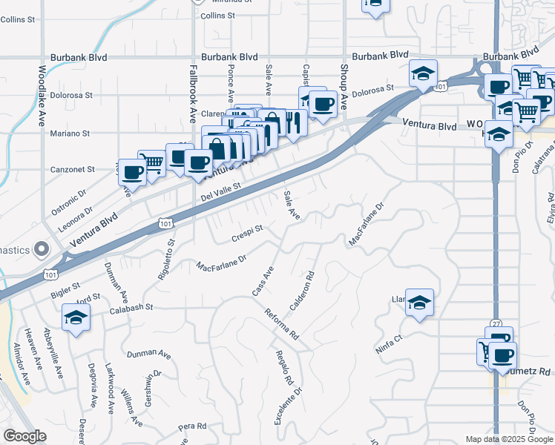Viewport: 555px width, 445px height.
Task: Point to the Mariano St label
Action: tap(70, 133)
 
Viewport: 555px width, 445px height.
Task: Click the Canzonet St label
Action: tap(71, 170)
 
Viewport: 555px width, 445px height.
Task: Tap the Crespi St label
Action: tap(248, 230)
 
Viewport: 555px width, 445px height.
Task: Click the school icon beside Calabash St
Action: tap(75, 318)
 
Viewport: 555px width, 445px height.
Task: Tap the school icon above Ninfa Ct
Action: tap(419, 302)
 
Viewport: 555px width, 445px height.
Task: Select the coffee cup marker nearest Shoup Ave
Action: tap(323, 104)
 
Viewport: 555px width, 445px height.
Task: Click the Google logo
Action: tap(24, 436)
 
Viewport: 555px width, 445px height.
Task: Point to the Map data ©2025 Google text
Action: tap(509, 439)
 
